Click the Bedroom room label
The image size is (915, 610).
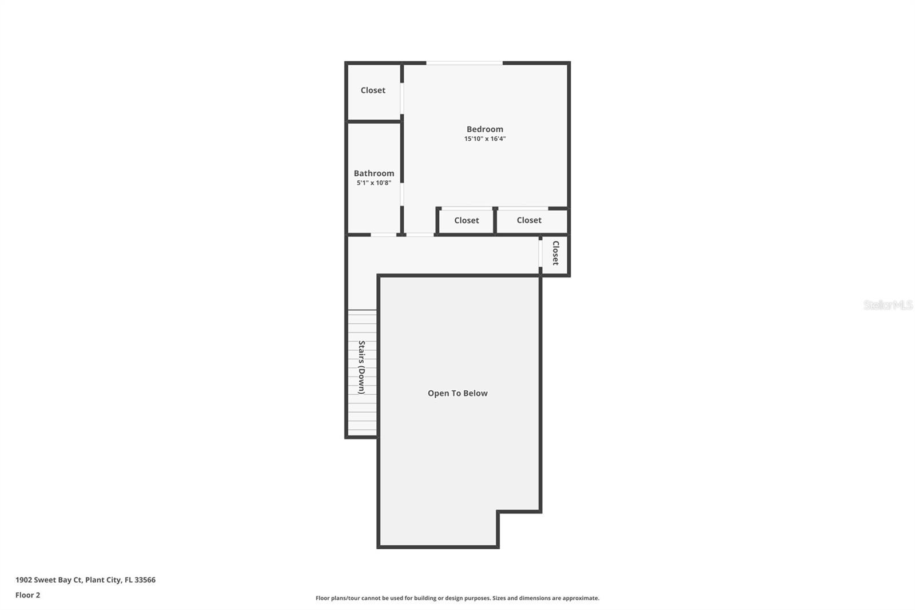[x=484, y=129]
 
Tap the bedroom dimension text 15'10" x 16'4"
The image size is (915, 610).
[x=484, y=139]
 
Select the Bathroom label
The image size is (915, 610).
[x=373, y=173]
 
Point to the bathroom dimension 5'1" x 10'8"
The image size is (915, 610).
[x=373, y=183]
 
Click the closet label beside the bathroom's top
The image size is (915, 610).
[x=373, y=90]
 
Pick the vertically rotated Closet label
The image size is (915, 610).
[x=555, y=253]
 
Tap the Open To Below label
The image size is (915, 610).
[x=457, y=393]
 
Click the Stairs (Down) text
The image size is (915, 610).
[x=361, y=367]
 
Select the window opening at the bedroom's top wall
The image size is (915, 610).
[x=464, y=63]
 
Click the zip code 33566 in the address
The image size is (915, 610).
[x=145, y=580]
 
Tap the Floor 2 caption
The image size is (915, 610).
[x=27, y=595]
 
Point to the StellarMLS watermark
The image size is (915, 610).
[x=888, y=305]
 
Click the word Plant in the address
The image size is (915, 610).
[x=94, y=580]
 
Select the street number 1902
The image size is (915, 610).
[x=23, y=580]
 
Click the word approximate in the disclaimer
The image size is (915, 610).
[x=580, y=598]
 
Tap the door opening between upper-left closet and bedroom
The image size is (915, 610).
[x=402, y=98]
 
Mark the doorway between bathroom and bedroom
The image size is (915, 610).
[x=402, y=195]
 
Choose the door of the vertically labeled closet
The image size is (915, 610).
[x=540, y=253]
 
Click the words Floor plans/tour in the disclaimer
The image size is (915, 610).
[x=337, y=598]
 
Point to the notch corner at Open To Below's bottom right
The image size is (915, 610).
[x=498, y=512]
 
